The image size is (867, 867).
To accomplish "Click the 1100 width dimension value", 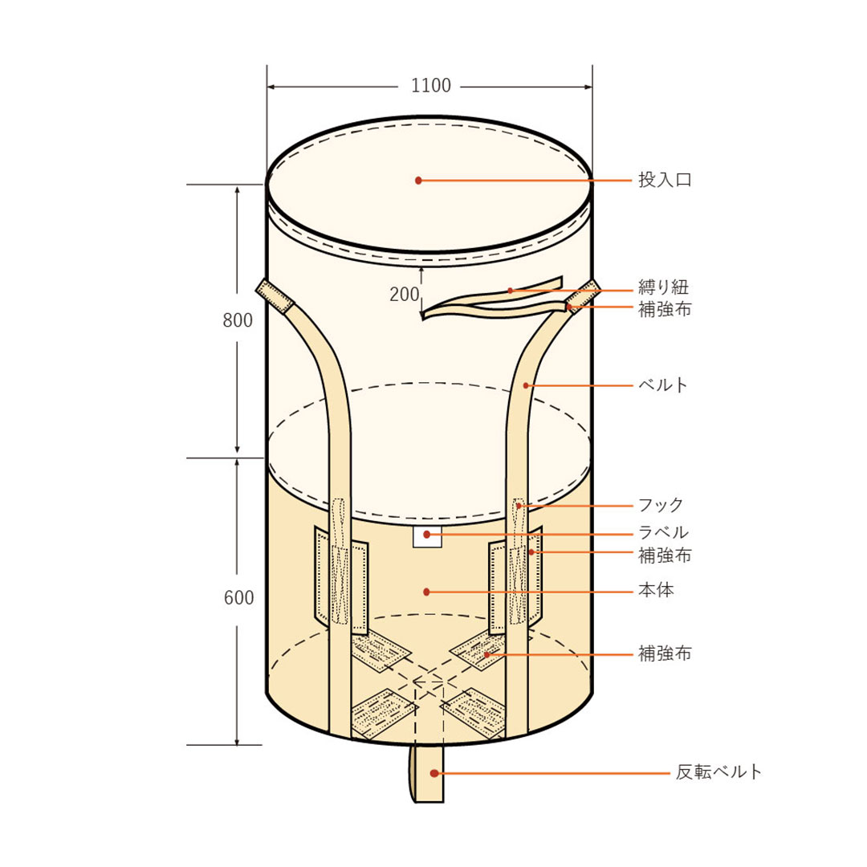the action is point(431,86).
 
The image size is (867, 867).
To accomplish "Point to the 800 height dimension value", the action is point(238,320).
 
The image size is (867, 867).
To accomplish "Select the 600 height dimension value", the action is point(239,598).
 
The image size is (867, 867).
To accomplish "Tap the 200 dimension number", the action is point(404,295).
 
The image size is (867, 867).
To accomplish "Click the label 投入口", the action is point(665,180).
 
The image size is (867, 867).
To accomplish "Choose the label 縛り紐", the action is point(664,287).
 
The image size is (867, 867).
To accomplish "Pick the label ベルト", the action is point(663,385).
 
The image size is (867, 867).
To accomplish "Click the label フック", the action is point(661,505).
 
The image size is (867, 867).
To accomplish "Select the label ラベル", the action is point(664,532).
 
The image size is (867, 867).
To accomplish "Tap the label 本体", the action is point(657,590).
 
